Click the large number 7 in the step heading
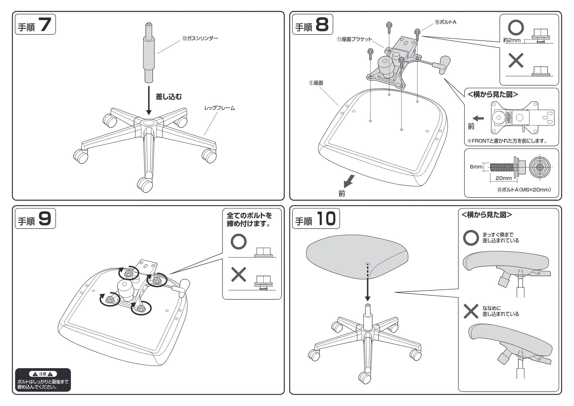click(45, 24)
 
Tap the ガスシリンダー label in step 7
click(200, 38)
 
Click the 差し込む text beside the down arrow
click(169, 97)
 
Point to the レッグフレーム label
click(220, 108)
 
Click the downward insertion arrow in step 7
click(149, 100)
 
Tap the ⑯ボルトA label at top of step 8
click(445, 22)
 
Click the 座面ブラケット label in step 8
click(354, 39)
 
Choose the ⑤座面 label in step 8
click(316, 83)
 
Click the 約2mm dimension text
click(512, 40)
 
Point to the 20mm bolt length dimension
click(504, 178)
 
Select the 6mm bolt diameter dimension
click(476, 167)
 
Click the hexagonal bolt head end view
click(540, 167)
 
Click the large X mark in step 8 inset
click(516, 60)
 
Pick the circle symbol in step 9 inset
click(238, 242)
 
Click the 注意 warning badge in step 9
click(43, 374)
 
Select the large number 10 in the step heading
click(326, 219)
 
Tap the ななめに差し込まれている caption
click(501, 311)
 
